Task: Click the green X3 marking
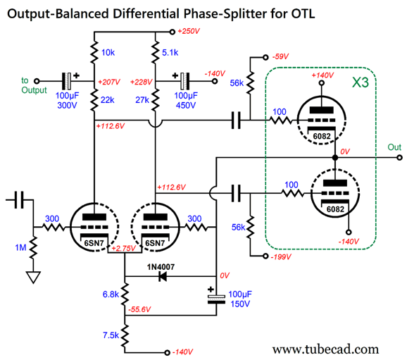[361, 83]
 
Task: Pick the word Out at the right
[395, 147]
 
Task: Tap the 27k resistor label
[142, 101]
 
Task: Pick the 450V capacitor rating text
[185, 107]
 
